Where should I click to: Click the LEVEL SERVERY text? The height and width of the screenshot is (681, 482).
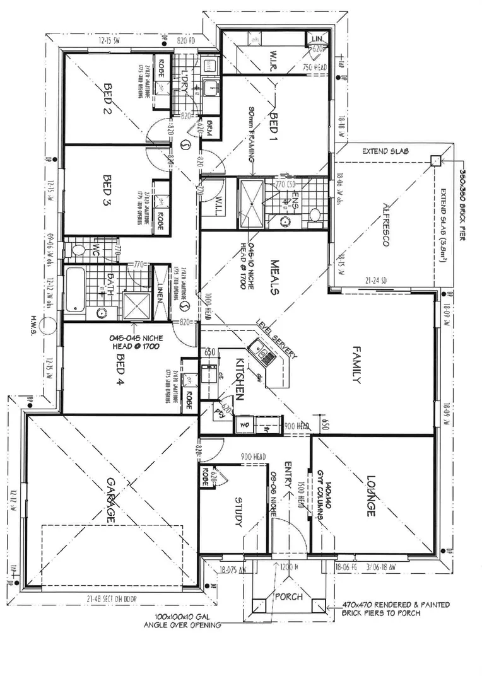276,339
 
